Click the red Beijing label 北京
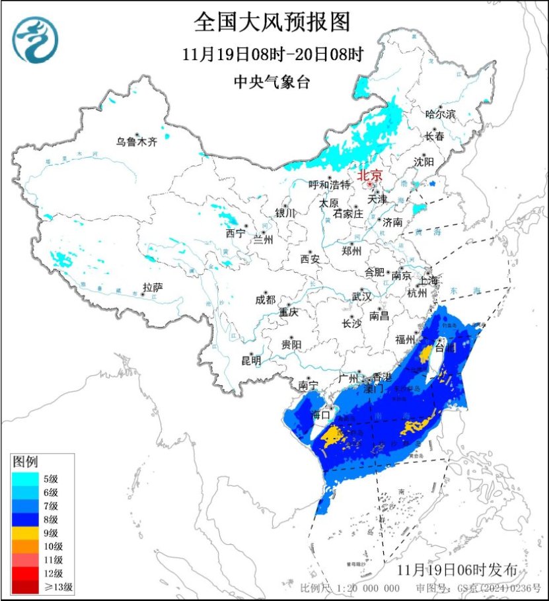(370, 176)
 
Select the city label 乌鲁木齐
(137, 141)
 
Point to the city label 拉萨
(153, 287)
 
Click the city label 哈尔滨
(441, 114)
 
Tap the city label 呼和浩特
(329, 185)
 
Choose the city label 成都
(265, 299)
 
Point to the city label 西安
(310, 259)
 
